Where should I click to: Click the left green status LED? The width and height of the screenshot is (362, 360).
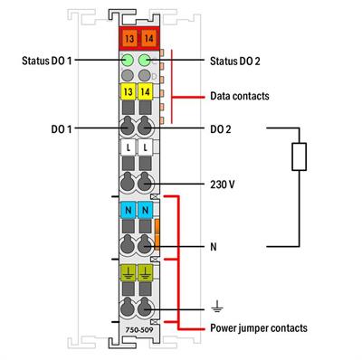click(128, 61)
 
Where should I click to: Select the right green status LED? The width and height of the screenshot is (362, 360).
click(143, 61)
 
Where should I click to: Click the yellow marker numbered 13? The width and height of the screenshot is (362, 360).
click(128, 92)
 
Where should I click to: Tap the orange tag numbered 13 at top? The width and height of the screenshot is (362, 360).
click(128, 38)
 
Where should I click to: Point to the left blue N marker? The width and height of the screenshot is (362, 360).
click(128, 210)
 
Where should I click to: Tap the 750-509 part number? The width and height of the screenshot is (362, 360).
click(136, 318)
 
